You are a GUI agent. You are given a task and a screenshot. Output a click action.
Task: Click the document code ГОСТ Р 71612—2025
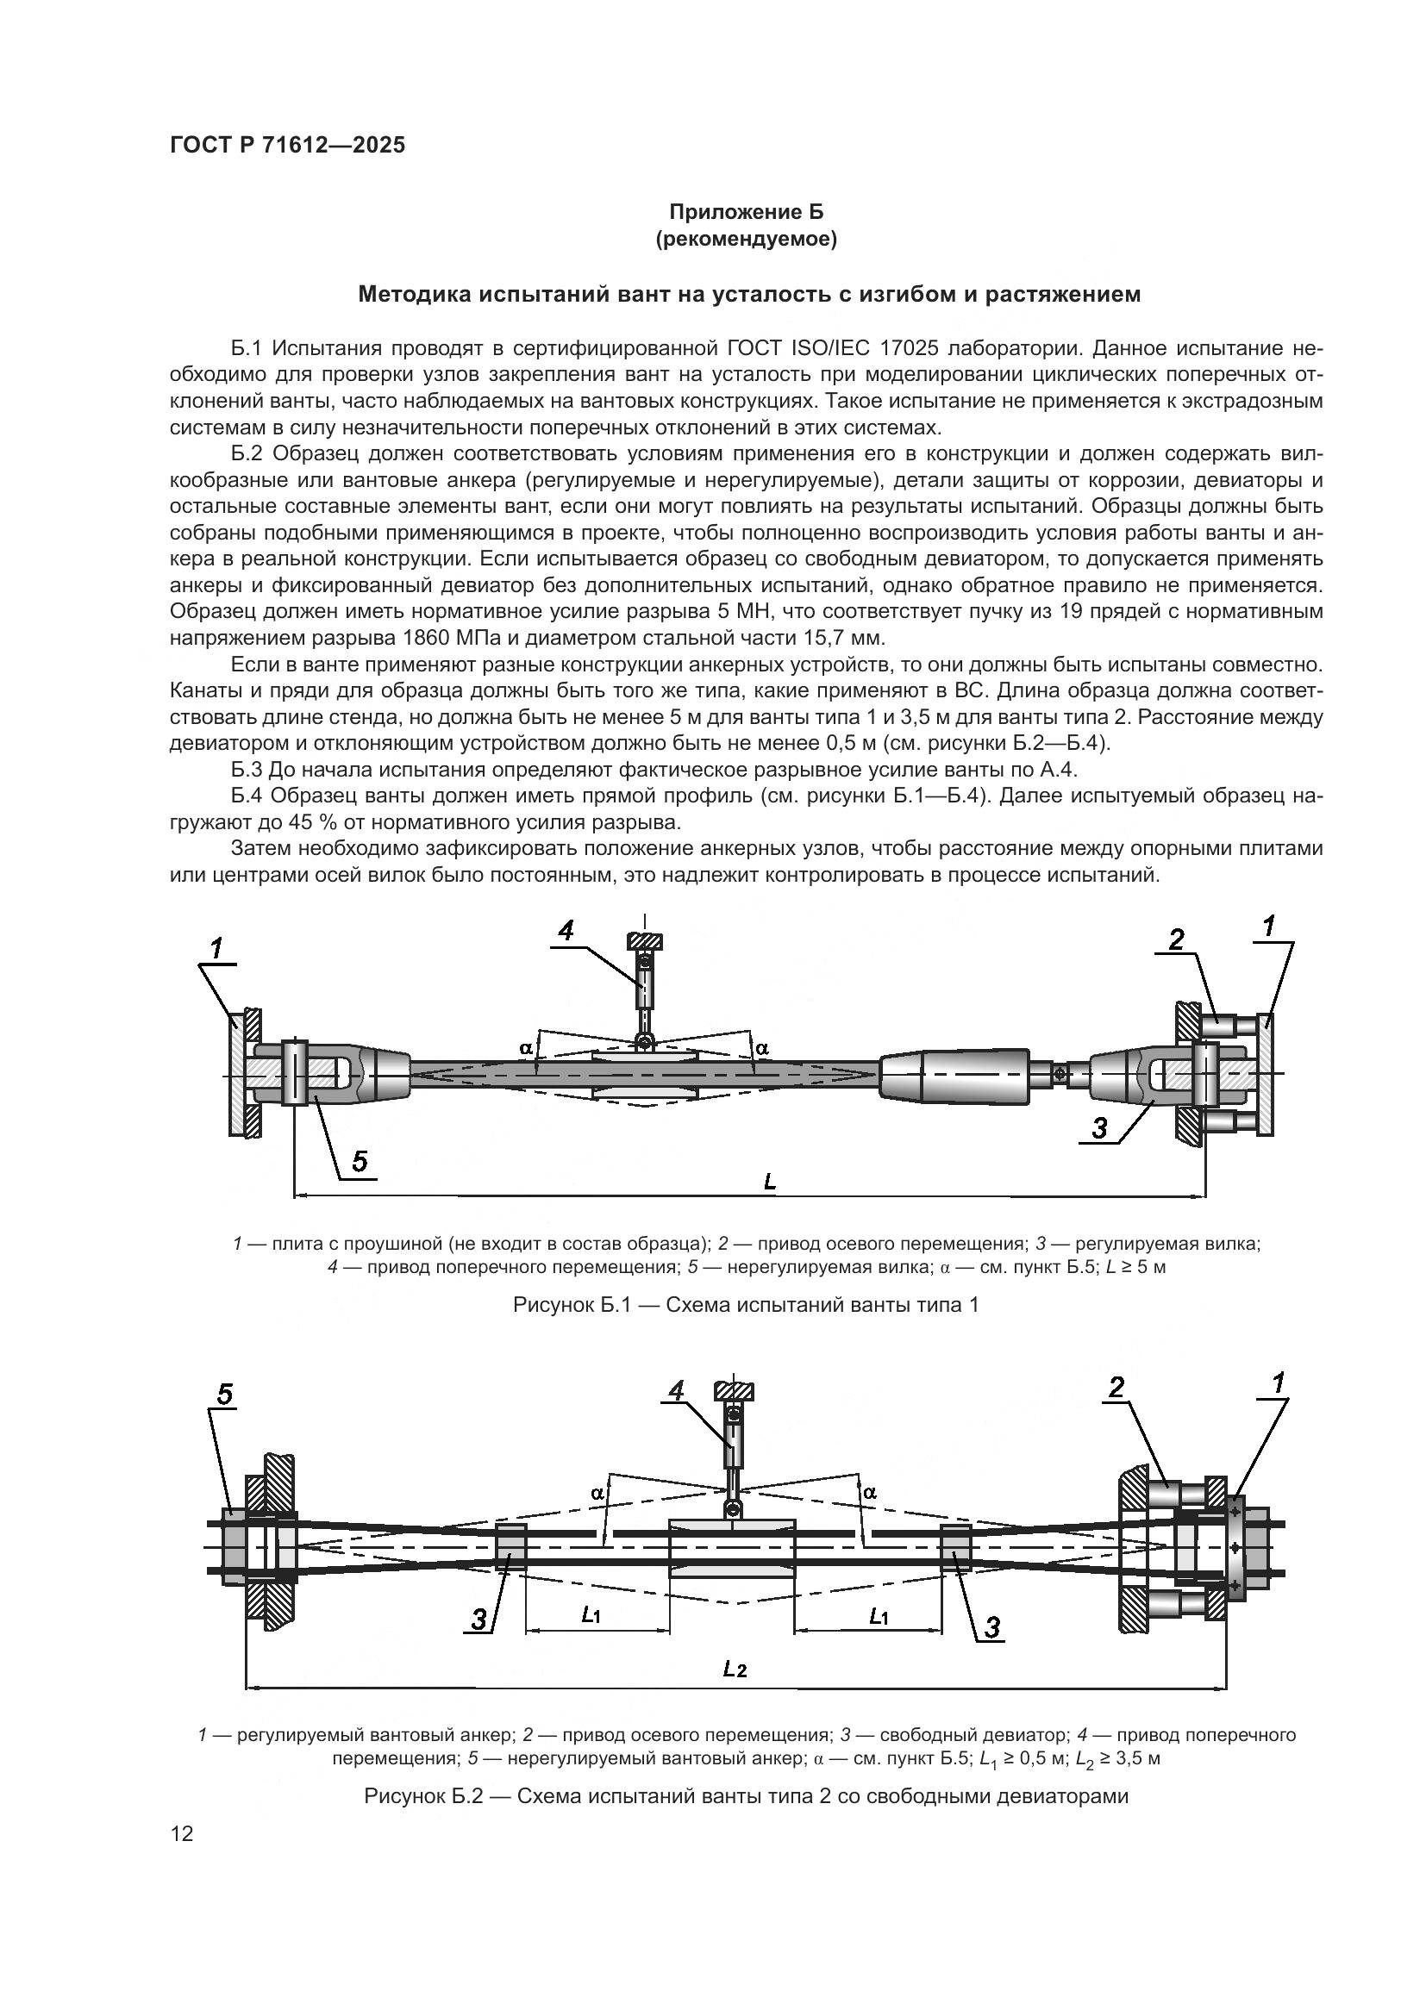tap(287, 146)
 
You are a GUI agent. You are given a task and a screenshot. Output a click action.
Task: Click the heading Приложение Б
tap(747, 212)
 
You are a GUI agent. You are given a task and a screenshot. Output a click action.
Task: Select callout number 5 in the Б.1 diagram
tap(360, 1162)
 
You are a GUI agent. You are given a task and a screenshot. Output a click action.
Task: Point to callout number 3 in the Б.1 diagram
tap(1099, 1128)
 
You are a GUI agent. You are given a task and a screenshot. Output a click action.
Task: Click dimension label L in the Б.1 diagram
tap(770, 1182)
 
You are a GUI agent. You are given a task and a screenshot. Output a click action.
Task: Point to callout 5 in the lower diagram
tap(226, 1395)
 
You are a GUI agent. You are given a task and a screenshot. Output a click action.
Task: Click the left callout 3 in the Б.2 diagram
tap(479, 1620)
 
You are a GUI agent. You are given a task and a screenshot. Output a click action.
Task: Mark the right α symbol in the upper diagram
tap(761, 1047)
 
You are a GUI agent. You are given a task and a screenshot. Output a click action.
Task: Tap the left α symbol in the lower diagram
tap(597, 1492)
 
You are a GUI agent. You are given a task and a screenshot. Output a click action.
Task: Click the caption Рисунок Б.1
tap(746, 1305)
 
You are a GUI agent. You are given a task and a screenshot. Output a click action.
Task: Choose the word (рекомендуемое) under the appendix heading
tap(747, 239)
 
